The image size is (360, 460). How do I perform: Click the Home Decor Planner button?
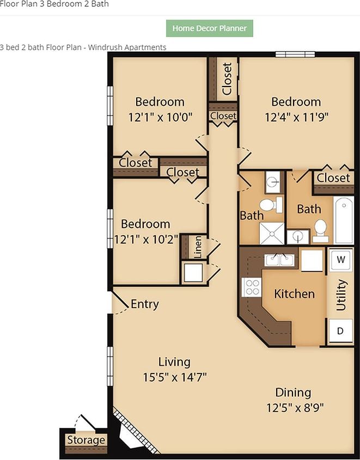pyautogui.click(x=209, y=28)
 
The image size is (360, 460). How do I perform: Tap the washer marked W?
pyautogui.click(x=340, y=259)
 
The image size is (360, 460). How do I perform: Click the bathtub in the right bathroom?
pyautogui.click(x=343, y=220)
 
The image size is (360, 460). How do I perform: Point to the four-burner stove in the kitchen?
pyautogui.click(x=252, y=286)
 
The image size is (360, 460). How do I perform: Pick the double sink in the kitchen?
pyautogui.click(x=279, y=260)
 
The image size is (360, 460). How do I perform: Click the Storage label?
pyautogui.click(x=86, y=440)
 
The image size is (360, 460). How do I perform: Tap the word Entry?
pyautogui.click(x=144, y=304)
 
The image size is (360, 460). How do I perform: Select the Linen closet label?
pyautogui.click(x=198, y=247)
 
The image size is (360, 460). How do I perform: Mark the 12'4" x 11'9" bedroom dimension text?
pyautogui.click(x=296, y=116)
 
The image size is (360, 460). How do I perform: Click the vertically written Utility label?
pyautogui.click(x=341, y=295)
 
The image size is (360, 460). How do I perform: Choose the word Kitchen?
pyautogui.click(x=294, y=294)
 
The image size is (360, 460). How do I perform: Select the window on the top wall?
pyautogui.click(x=295, y=54)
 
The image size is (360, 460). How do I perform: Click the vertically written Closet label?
pyautogui.click(x=227, y=79)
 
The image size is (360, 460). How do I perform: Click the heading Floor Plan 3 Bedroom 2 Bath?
pyautogui.click(x=54, y=4)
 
